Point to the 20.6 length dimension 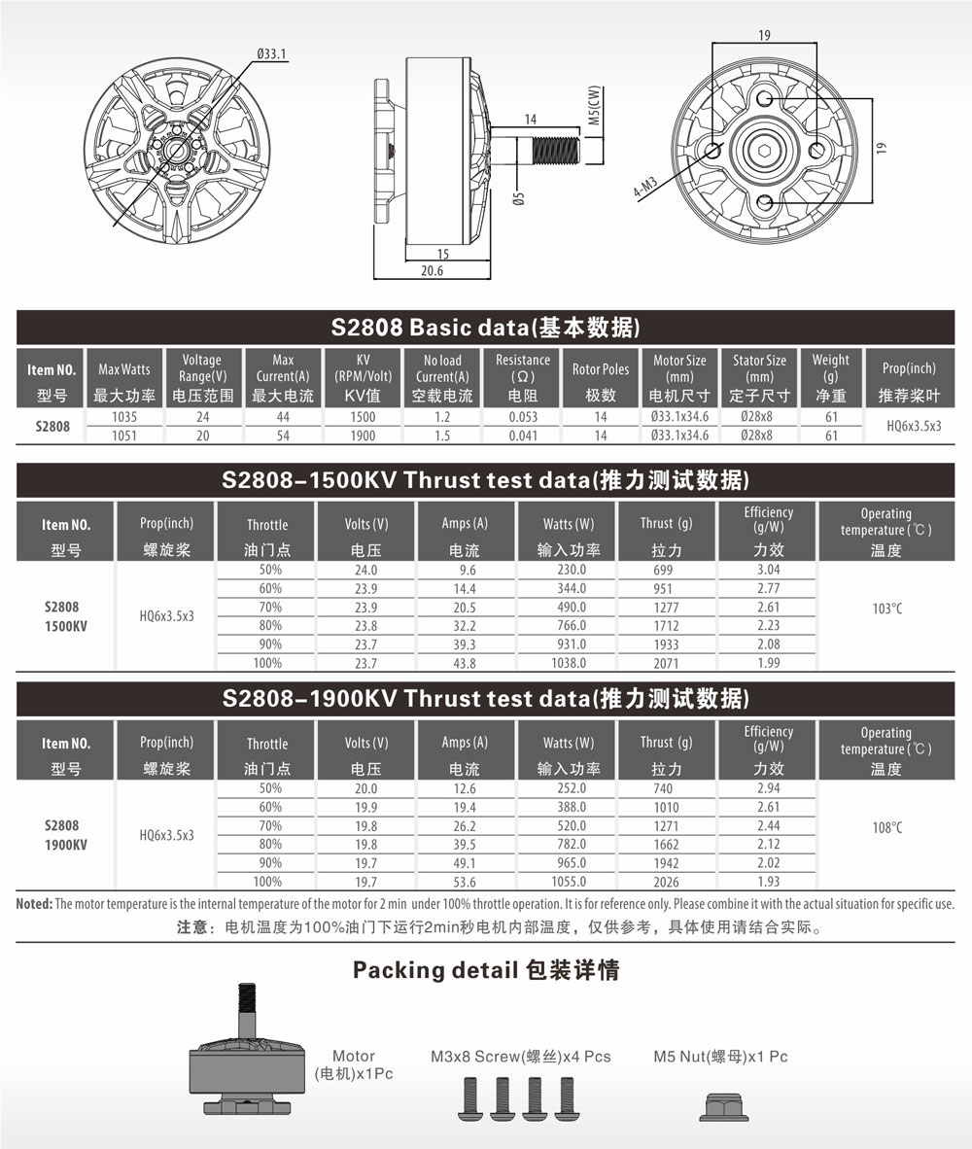(433, 271)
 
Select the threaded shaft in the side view (556, 151)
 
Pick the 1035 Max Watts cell (124, 416)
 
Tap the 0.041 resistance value (523, 435)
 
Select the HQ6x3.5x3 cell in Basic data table (914, 426)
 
